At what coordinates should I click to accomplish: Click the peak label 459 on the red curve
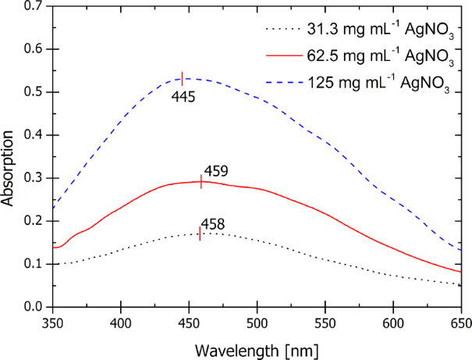(x=215, y=169)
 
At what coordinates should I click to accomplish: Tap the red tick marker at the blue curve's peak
(x=183, y=78)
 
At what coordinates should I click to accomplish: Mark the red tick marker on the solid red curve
(x=202, y=182)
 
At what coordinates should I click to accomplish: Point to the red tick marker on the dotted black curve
(x=201, y=233)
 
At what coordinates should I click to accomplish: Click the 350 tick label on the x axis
(x=52, y=321)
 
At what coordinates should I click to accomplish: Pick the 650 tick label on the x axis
(x=460, y=321)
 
